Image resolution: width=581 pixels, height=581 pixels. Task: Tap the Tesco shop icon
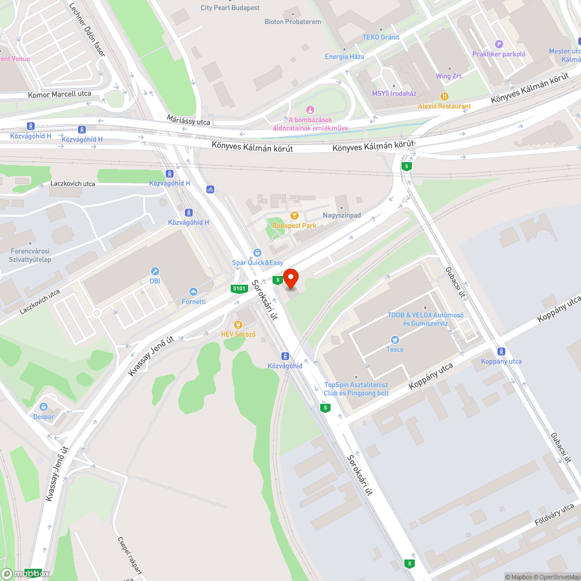click(x=395, y=339)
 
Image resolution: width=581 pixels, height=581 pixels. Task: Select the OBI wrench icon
click(x=155, y=271)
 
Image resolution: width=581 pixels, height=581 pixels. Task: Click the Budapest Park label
click(x=295, y=225)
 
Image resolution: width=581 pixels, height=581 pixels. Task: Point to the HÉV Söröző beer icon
click(x=238, y=324)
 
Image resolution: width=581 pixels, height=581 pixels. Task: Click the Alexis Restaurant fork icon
click(x=444, y=96)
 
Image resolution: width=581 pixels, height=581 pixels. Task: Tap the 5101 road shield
click(x=238, y=288)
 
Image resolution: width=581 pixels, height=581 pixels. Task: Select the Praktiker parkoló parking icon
click(x=498, y=44)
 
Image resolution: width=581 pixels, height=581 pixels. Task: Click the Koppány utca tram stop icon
click(x=501, y=352)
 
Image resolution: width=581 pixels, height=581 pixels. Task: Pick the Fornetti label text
click(x=193, y=302)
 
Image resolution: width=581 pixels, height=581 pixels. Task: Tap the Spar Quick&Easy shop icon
click(x=257, y=253)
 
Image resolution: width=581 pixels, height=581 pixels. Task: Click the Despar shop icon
click(x=44, y=407)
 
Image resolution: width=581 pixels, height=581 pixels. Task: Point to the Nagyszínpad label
click(x=342, y=216)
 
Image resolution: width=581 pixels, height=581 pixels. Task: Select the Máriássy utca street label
click(x=188, y=120)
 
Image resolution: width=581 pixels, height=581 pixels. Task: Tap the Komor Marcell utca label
click(x=60, y=94)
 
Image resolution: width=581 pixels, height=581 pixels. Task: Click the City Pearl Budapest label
click(x=230, y=8)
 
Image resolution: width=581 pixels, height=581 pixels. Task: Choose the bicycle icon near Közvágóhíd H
click(x=210, y=189)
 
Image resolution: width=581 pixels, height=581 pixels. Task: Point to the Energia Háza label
click(x=345, y=56)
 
